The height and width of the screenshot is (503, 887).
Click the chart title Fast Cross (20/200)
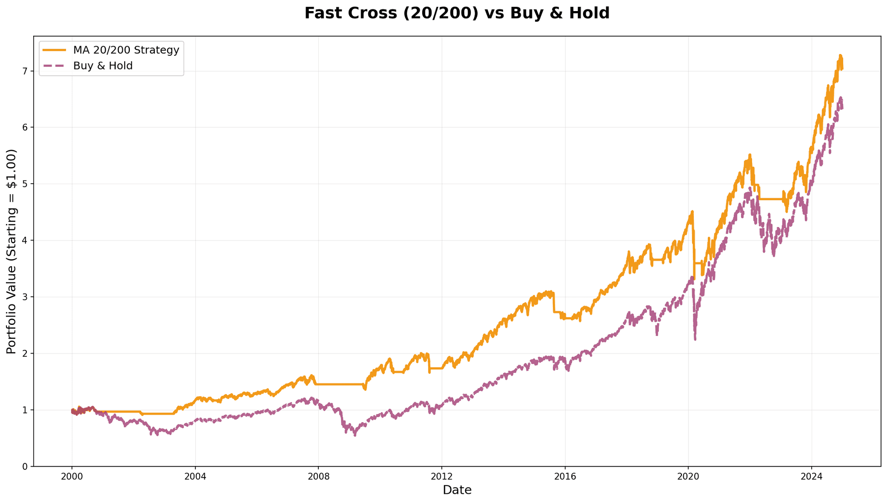pos(456,13)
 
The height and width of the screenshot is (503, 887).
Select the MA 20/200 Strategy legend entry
pos(126,50)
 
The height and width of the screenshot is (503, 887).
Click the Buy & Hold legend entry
pos(103,66)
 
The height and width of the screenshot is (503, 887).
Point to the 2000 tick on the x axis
pos(72,476)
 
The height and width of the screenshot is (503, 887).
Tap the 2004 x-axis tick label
pos(195,476)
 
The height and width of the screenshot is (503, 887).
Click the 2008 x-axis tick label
pos(318,476)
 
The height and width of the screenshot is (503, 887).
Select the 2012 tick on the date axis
pos(442,476)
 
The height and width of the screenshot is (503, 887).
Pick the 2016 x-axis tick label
pos(565,476)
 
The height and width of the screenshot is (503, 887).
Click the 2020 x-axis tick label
pos(688,476)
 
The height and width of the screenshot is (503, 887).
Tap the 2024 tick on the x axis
pos(812,476)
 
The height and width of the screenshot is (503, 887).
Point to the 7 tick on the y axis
pos(25,71)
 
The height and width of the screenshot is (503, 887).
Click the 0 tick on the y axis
pos(25,467)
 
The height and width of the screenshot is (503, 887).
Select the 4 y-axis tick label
pos(25,240)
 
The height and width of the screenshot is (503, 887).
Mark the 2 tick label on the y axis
pos(25,353)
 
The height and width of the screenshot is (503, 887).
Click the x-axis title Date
pos(456,491)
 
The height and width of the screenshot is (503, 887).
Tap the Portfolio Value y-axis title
pos(12,251)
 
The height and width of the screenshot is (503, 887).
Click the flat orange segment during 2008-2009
pos(340,384)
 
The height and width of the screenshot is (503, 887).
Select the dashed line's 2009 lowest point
pos(355,435)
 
